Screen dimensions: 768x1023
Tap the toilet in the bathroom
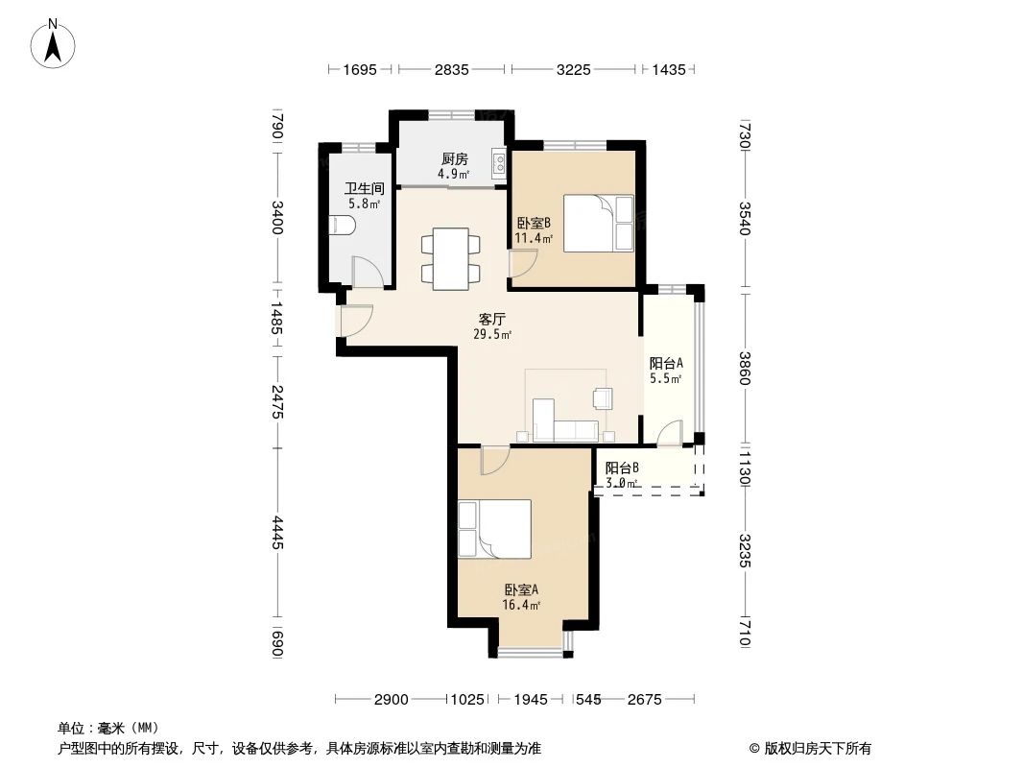[x=342, y=226]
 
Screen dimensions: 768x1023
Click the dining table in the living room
[x=450, y=257]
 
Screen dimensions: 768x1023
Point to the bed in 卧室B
[x=598, y=223]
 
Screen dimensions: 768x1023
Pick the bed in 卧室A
[x=495, y=529]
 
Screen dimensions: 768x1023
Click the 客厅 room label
[x=492, y=319]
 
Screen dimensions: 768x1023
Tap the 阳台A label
[x=665, y=363]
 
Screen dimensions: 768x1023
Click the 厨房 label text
[x=454, y=159]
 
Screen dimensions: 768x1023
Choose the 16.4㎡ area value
[x=520, y=606]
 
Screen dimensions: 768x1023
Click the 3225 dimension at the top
[x=573, y=69]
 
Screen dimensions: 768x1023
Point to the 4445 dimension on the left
[x=276, y=533]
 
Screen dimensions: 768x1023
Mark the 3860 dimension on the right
[x=746, y=368]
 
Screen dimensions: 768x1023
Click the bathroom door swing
[x=369, y=273]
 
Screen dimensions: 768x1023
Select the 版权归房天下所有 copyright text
[x=817, y=748]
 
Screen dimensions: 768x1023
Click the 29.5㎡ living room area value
[x=492, y=334]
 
